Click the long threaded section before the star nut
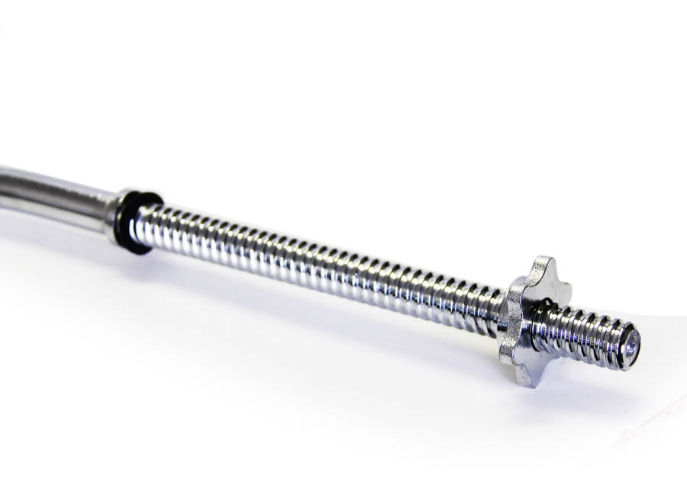321,264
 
